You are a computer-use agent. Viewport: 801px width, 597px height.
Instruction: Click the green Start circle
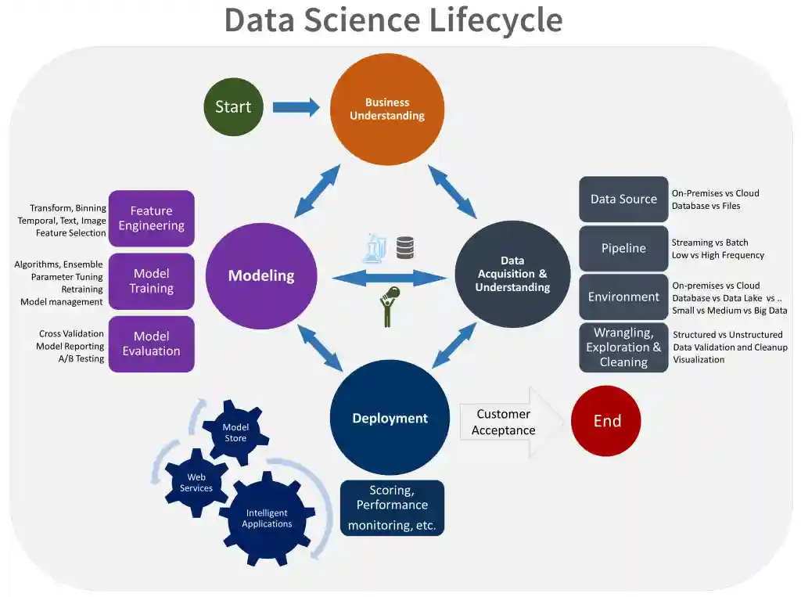pyautogui.click(x=233, y=107)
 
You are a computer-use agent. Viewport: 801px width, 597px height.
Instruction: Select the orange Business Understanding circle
pyautogui.click(x=387, y=109)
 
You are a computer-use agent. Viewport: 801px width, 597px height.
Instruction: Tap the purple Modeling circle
pyautogui.click(x=261, y=275)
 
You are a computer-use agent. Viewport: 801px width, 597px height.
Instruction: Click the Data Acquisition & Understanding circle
pyautogui.click(x=512, y=274)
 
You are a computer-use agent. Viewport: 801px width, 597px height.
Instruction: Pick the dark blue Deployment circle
pyautogui.click(x=390, y=418)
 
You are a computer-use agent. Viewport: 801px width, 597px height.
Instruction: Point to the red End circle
pyautogui.click(x=606, y=421)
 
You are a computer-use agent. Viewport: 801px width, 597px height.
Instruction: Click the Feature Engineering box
pyautogui.click(x=151, y=218)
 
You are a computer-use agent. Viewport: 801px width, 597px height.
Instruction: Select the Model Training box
pyautogui.click(x=151, y=281)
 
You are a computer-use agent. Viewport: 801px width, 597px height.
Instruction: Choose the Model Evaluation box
pyautogui.click(x=151, y=343)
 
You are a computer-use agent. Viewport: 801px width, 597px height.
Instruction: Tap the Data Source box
pyautogui.click(x=623, y=199)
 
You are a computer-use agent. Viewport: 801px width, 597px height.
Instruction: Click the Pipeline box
pyautogui.click(x=623, y=248)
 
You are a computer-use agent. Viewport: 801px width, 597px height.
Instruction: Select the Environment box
pyautogui.click(x=623, y=297)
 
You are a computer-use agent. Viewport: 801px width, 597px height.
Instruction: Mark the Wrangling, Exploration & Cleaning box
pyautogui.click(x=623, y=347)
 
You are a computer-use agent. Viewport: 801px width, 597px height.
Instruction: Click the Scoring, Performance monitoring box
pyautogui.click(x=392, y=508)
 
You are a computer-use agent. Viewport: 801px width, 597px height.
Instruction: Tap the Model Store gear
pyautogui.click(x=235, y=433)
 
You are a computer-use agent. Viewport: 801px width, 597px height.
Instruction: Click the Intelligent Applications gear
pyautogui.click(x=267, y=518)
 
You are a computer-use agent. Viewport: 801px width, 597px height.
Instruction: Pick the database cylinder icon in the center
pyautogui.click(x=404, y=248)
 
